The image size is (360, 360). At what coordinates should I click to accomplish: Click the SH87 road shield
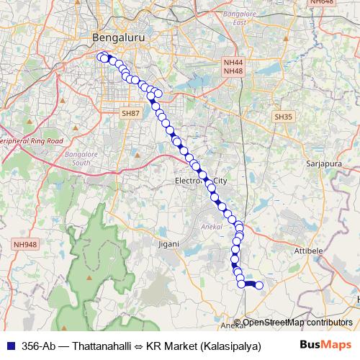130,114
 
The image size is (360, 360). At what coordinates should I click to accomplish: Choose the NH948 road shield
24,245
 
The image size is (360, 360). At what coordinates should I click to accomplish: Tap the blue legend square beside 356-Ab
9,344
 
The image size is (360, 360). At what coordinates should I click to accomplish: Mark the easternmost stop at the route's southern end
259,286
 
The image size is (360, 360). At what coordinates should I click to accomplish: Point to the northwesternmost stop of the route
102,57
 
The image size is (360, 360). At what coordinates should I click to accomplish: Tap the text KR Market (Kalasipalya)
203,344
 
